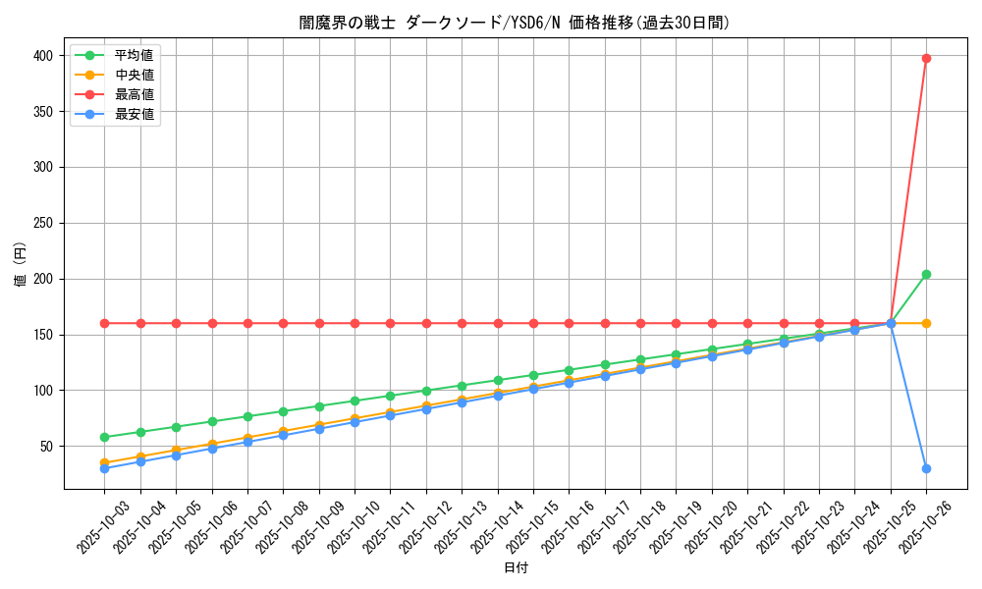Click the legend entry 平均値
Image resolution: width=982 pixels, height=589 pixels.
(x=134, y=55)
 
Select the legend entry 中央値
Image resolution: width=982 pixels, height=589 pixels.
(x=134, y=75)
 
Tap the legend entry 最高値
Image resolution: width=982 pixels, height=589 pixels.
(x=134, y=94)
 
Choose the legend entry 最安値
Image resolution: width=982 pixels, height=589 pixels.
(x=134, y=114)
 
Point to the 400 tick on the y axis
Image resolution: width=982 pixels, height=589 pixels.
(x=44, y=56)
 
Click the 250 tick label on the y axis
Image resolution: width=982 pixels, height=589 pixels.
(x=44, y=223)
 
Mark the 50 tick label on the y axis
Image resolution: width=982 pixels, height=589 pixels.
(x=48, y=447)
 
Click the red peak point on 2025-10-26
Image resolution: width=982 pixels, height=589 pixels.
(x=926, y=58)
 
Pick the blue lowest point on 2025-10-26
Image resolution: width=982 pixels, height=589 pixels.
(x=926, y=468)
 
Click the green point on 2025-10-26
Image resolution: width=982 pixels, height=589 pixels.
(x=926, y=274)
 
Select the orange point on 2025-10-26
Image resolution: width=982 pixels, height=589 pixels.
(x=926, y=323)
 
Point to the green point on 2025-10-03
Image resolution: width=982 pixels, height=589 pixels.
(x=104, y=437)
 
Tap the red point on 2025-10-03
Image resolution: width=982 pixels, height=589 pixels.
(x=104, y=323)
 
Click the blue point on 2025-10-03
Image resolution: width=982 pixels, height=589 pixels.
(x=104, y=468)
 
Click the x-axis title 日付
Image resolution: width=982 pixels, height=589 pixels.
(x=516, y=568)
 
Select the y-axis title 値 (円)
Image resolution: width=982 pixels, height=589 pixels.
(x=21, y=264)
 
